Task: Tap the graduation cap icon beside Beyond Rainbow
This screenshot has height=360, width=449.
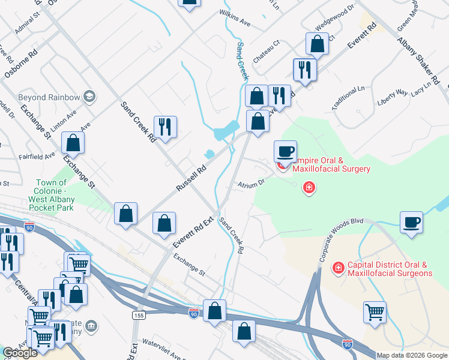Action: pos(89,97)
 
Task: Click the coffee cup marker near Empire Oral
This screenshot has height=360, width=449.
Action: pos(285,151)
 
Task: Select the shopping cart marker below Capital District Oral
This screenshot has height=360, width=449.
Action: pos(375,311)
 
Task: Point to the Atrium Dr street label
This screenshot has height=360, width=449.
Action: pos(250,184)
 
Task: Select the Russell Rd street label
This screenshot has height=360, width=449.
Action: pos(191,178)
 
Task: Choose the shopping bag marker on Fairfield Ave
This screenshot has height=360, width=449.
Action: pos(73,143)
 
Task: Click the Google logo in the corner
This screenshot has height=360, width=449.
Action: pos(20,353)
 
